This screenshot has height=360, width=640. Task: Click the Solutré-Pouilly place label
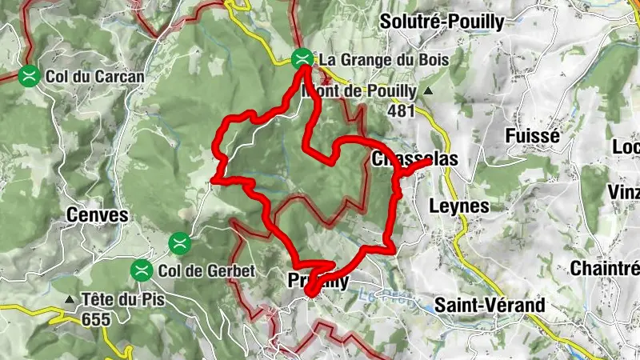[442, 22]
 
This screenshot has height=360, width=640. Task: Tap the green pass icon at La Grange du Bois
[302, 58]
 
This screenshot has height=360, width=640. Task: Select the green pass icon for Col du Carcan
[30, 76]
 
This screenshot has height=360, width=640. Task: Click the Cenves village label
[98, 215]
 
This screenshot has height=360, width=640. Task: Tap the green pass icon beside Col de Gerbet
[142, 270]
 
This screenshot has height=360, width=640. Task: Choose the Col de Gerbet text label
[206, 270]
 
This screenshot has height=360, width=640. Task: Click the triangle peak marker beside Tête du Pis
[70, 301]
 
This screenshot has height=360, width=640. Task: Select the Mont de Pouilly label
[358, 91]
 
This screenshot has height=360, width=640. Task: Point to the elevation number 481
[400, 110]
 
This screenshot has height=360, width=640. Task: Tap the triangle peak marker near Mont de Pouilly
[427, 91]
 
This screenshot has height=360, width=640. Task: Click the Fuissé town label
[532, 137]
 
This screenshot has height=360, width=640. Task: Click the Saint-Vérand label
[489, 305]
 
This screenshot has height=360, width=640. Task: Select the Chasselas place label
[414, 160]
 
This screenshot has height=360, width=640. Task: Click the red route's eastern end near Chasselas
[429, 162]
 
